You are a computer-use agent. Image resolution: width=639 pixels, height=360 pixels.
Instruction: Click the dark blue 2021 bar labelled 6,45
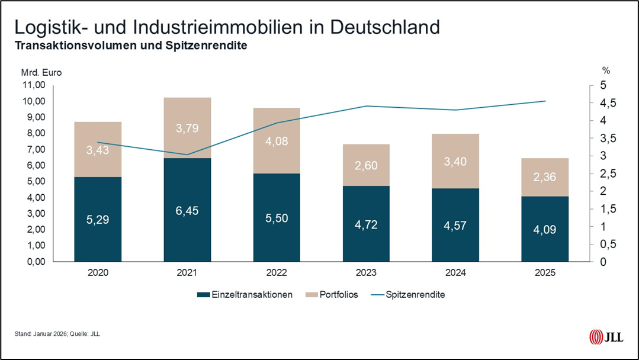187,209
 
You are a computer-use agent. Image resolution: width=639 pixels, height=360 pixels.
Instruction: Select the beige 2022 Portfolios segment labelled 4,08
277,141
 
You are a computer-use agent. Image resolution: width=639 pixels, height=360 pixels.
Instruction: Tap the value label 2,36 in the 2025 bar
545,177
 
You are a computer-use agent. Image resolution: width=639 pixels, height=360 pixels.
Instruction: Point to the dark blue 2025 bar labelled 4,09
545,229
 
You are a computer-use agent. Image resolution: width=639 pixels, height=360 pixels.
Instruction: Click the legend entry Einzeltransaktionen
245,294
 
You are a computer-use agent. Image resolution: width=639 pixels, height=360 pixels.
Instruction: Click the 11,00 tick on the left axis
33,85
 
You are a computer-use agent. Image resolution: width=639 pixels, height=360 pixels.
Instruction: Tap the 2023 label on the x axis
366,273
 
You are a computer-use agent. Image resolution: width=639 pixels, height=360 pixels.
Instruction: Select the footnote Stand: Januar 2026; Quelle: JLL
57,334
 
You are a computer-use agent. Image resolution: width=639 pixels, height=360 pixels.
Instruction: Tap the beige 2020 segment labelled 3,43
98,149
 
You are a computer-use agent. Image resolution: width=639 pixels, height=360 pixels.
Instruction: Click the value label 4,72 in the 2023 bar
366,224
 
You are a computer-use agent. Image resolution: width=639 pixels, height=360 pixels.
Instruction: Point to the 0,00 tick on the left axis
33,261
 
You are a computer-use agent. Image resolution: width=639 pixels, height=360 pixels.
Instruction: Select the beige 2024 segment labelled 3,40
455,160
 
